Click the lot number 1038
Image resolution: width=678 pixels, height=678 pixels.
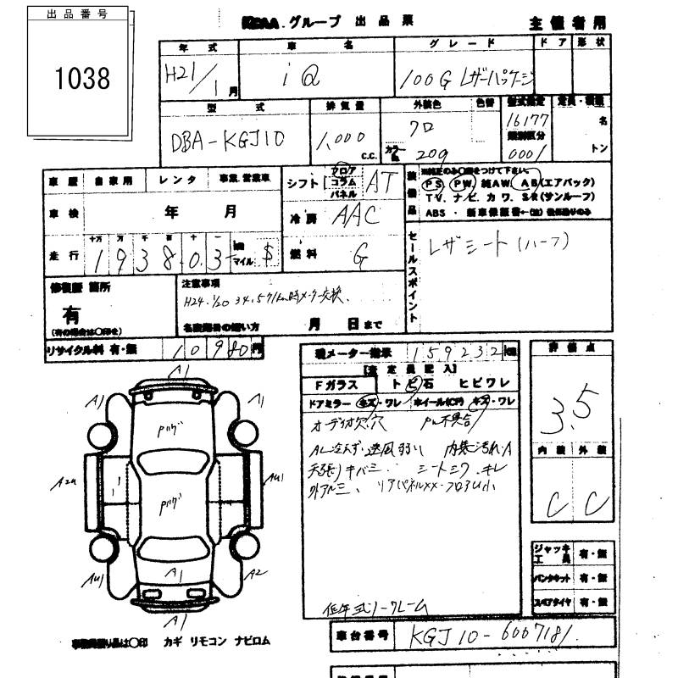[82, 79]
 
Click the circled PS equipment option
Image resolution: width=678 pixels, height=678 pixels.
[433, 183]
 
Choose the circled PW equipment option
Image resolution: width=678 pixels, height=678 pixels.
[462, 183]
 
